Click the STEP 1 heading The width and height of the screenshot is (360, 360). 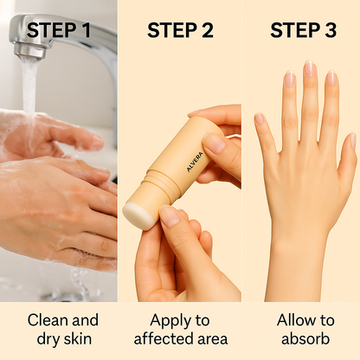pyautogui.click(x=60, y=31)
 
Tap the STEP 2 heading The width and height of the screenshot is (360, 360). pyautogui.click(x=180, y=31)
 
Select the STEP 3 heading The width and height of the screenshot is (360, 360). pyautogui.click(x=303, y=31)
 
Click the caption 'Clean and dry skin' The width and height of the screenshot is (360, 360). pyautogui.click(x=60, y=329)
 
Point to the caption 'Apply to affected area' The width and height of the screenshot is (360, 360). pyautogui.click(x=180, y=329)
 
